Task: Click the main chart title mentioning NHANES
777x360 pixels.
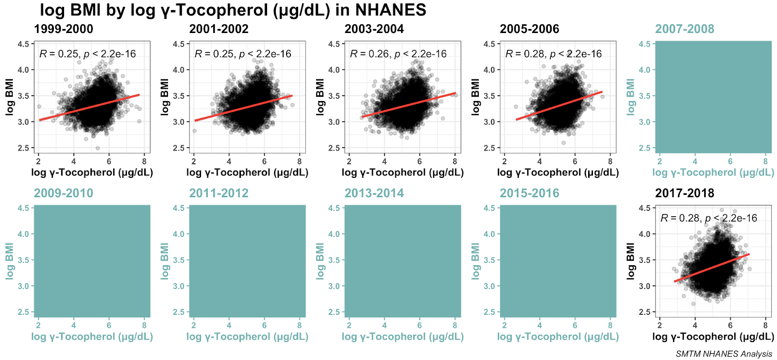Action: [x=233, y=10]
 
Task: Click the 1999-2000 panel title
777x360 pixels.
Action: [x=64, y=29]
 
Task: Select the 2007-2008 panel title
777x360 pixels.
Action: [x=685, y=29]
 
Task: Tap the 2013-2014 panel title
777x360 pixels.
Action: [x=374, y=193]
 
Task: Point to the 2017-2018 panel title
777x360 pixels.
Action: [x=685, y=193]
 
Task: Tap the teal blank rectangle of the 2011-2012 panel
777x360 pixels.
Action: [x=247, y=261]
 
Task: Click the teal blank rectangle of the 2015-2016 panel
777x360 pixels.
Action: [x=558, y=261]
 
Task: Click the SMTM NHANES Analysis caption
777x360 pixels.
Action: [x=724, y=354]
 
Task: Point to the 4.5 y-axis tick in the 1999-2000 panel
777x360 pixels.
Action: [x=23, y=44]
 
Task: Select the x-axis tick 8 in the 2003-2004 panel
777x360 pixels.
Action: [x=455, y=162]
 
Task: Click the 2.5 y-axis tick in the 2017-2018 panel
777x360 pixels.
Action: [x=644, y=312]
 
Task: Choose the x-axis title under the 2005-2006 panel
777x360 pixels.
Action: [x=558, y=172]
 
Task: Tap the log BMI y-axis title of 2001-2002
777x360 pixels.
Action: [x=165, y=96]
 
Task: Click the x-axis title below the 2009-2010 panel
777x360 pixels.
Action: [x=92, y=337]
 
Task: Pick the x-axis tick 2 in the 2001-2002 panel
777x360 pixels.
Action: [x=194, y=162]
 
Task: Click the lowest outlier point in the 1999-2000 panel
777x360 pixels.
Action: [x=98, y=148]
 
